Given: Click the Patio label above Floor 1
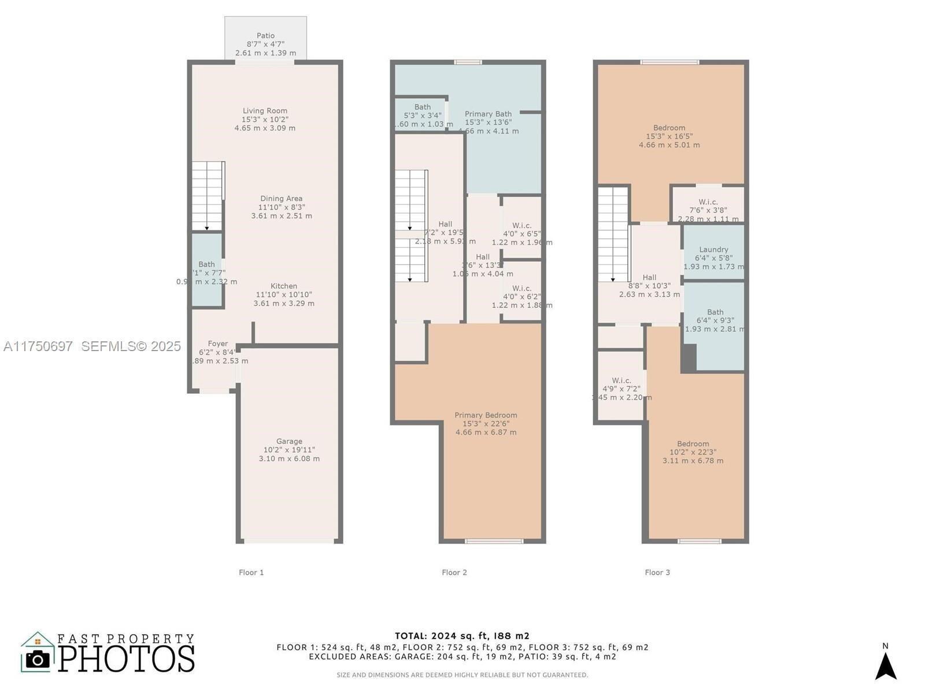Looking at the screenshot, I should click(265, 36).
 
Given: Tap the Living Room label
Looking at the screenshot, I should click(265, 111).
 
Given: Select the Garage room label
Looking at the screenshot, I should click(289, 441).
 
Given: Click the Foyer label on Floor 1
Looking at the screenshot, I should click(218, 344).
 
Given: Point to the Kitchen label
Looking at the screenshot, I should click(284, 286).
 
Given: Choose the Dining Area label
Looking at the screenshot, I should click(281, 199).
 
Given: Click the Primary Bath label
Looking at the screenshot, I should click(488, 114).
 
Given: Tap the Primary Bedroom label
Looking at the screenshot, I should click(486, 415).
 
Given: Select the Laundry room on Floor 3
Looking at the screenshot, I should click(713, 250).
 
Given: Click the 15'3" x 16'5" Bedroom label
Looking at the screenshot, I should click(669, 128).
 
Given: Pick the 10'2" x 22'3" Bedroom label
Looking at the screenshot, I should click(693, 444).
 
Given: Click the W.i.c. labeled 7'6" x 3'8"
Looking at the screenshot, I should click(708, 202).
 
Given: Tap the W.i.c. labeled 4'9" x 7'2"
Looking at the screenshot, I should click(621, 381).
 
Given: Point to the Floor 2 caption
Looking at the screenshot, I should click(454, 572).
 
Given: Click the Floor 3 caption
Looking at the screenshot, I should click(657, 572).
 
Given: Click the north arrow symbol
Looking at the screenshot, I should click(885, 665).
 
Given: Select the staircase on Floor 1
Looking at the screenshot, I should click(208, 196).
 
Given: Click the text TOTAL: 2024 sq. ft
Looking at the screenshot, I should click(462, 636).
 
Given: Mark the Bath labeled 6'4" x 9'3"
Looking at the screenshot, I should click(715, 312).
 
